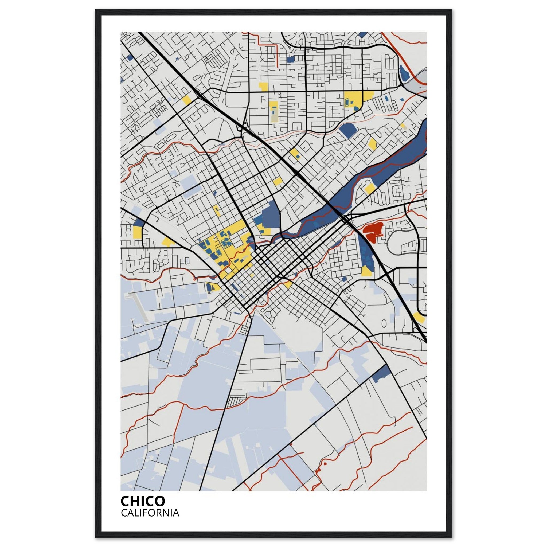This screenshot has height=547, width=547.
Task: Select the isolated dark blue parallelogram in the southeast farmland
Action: coord(381,374)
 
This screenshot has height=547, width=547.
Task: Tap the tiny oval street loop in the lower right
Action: coord(384,323)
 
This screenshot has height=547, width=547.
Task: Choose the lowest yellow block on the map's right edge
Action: coord(419,317)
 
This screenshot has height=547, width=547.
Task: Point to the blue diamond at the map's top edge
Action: coord(363,34)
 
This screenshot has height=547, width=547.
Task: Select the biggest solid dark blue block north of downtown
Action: coord(271,214)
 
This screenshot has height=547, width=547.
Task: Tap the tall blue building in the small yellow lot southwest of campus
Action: coord(209,287)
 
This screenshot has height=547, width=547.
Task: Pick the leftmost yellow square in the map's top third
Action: coord(187,100)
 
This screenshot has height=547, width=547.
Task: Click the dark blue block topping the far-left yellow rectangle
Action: coord(138,222)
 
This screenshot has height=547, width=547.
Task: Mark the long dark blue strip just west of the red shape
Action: coord(365,252)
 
